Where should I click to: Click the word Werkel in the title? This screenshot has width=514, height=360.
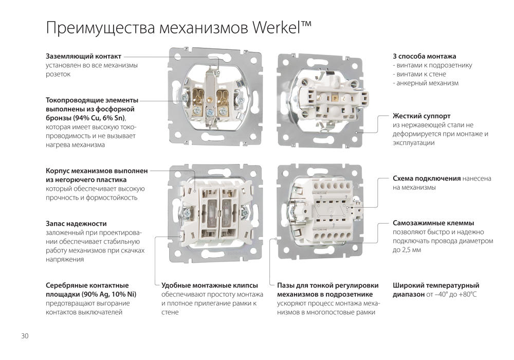pyautogui.click(x=277, y=27)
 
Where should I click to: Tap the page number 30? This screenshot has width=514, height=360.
pyautogui.click(x=25, y=336)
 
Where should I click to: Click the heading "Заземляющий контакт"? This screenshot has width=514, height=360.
pyautogui.click(x=84, y=57)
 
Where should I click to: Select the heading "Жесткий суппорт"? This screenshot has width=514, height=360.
pyautogui.click(x=421, y=116)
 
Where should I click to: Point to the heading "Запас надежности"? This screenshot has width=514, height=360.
pyautogui.click(x=76, y=224)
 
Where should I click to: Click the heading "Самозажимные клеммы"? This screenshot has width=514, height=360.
pyautogui.click(x=433, y=223)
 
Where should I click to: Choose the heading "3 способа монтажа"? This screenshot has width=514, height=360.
pyautogui.click(x=425, y=57)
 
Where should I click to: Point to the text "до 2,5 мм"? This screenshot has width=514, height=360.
pyautogui.click(x=407, y=250)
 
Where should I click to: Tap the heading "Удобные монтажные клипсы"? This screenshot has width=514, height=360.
pyautogui.click(x=210, y=285)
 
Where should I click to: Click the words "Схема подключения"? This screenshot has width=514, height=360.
pyautogui.click(x=427, y=178)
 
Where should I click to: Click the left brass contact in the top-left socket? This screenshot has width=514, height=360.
pyautogui.click(x=198, y=98)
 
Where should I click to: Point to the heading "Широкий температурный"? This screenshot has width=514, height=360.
pyautogui.click(x=436, y=285)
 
